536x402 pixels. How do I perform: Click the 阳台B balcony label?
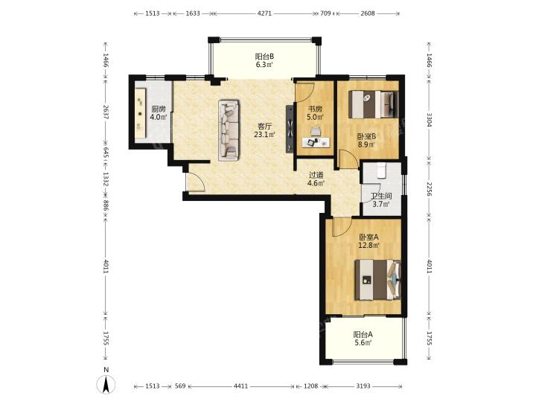coord(264,57)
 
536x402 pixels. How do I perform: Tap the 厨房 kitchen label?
coord(159,109)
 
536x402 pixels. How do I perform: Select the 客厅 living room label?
coord(264,127)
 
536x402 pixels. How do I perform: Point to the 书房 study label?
coord(315,109)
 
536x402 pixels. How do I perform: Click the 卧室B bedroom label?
coord(366,136)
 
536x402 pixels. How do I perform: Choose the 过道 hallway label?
coord(316,175)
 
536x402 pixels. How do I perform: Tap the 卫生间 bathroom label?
coord(381,197)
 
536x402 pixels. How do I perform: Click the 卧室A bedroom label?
coord(368,237)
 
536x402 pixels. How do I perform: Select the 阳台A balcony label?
coord(363,334)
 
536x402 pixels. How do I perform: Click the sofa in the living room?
coord(229,130)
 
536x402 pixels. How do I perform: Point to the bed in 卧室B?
coord(374,104)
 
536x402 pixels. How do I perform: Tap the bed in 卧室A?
coord(377,280)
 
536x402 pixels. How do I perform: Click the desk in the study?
coord(317,142)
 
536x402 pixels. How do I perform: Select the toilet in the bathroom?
coord(381,170)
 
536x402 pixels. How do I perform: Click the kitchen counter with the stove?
coord(141,113)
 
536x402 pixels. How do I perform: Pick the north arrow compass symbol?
coord(106,384)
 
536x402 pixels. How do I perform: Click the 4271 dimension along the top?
coord(264,13)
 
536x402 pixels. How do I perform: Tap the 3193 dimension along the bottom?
coord(363,386)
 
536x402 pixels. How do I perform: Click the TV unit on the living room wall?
coord(290,129)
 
